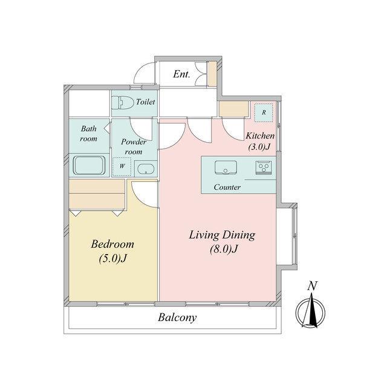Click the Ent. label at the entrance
click(181, 74)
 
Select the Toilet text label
click(146, 102)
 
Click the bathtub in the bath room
click(89, 165)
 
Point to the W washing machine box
click(122, 166)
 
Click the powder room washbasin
click(146, 169)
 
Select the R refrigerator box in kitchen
click(264, 112)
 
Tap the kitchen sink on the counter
click(226, 167)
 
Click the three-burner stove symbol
click(264, 168)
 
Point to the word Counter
click(227, 187)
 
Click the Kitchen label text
click(260, 135)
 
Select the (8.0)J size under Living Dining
click(224, 249)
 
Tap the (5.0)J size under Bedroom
click(112, 259)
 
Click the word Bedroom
click(112, 244)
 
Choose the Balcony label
click(177, 317)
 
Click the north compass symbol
click(310, 311)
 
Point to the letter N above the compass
click(312, 286)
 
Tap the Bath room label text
click(89, 134)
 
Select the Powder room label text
click(134, 147)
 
